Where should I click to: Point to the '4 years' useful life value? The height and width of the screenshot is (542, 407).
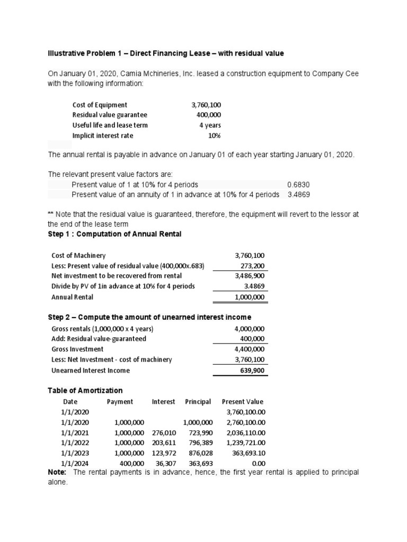point(210,125)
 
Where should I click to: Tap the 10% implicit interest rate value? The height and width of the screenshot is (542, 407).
point(214,135)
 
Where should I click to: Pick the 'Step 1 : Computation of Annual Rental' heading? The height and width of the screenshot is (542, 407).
point(114,234)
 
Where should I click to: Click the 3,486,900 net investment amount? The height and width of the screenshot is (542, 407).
point(250,276)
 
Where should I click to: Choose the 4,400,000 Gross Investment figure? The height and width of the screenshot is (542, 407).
point(250,349)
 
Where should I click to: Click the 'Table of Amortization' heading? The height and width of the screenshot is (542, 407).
point(85,391)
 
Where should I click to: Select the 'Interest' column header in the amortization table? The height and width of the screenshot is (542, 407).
point(163,402)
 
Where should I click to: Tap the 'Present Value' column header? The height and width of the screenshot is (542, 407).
point(242,402)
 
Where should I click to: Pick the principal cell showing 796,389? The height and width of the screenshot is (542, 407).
point(200,442)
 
